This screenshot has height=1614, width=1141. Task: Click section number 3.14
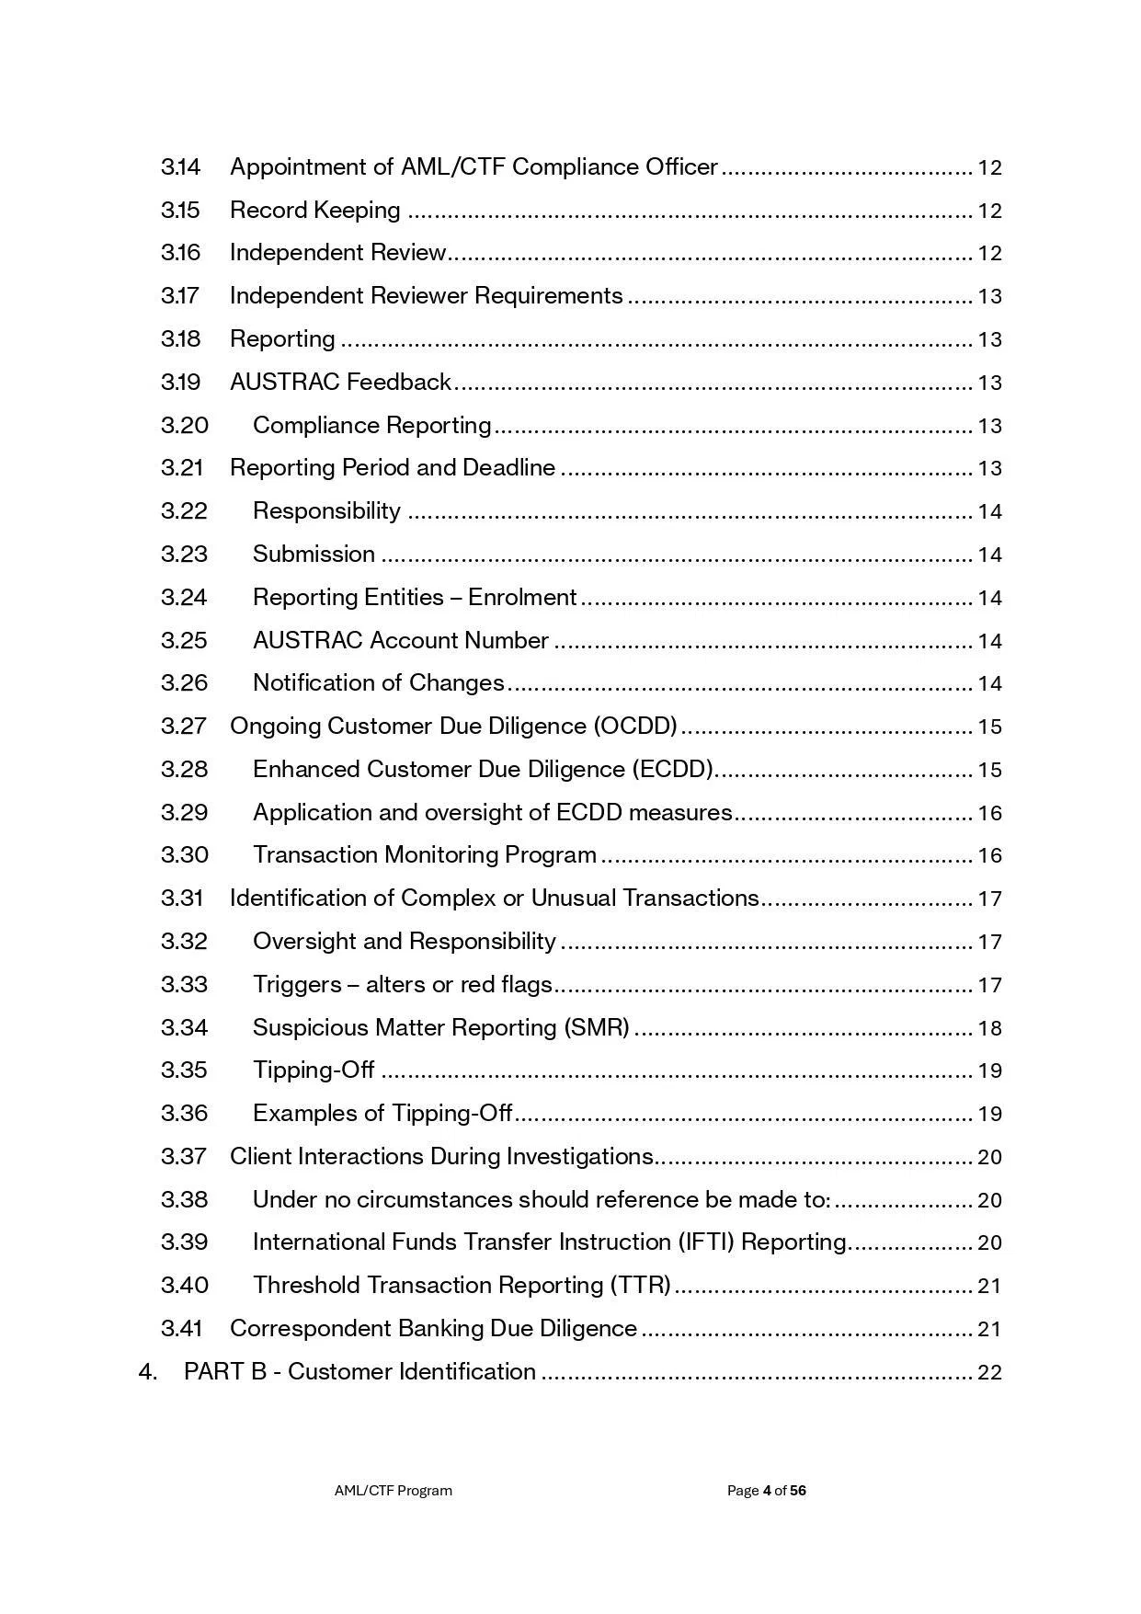coord(180,167)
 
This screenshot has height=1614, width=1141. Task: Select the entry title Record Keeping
coord(314,211)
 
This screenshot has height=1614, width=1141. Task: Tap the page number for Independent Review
coord(989,254)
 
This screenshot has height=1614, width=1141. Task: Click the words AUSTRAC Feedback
coord(340,383)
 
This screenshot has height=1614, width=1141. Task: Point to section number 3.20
coord(184,426)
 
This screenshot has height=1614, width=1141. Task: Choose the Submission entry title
coord(314,555)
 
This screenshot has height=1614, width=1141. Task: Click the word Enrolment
coord(522,598)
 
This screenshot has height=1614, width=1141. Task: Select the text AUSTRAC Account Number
coord(400,641)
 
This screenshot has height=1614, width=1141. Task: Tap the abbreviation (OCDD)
coord(635,727)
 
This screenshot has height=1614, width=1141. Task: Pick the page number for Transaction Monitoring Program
coord(989,856)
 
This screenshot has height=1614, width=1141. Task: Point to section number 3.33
coord(184,985)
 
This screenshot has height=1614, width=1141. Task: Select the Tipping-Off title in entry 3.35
coord(314,1070)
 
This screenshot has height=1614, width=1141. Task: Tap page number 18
coord(989,1028)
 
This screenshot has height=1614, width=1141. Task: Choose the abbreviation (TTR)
coord(641,1286)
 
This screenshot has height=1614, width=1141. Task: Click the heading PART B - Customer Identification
coord(359,1372)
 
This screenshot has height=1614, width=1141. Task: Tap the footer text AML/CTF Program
coord(393,1491)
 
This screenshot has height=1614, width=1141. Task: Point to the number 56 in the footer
coord(797,1491)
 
